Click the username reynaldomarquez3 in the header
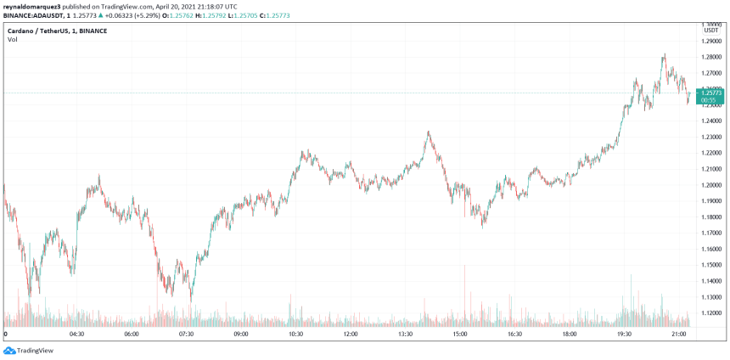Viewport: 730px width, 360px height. [x=33, y=5]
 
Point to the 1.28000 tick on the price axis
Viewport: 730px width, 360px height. [x=710, y=57]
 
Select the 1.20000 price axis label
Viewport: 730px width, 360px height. [x=710, y=185]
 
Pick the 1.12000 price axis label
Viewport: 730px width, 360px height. [x=710, y=313]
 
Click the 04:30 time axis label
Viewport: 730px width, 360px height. [x=76, y=335]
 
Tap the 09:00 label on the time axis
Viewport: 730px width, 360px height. [x=240, y=335]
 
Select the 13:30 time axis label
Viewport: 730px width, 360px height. [x=405, y=335]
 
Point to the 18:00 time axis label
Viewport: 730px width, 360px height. [x=570, y=335]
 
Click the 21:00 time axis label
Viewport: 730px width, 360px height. [x=679, y=335]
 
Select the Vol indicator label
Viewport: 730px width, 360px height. [x=13, y=40]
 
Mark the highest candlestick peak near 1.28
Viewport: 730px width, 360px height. [x=664, y=55]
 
